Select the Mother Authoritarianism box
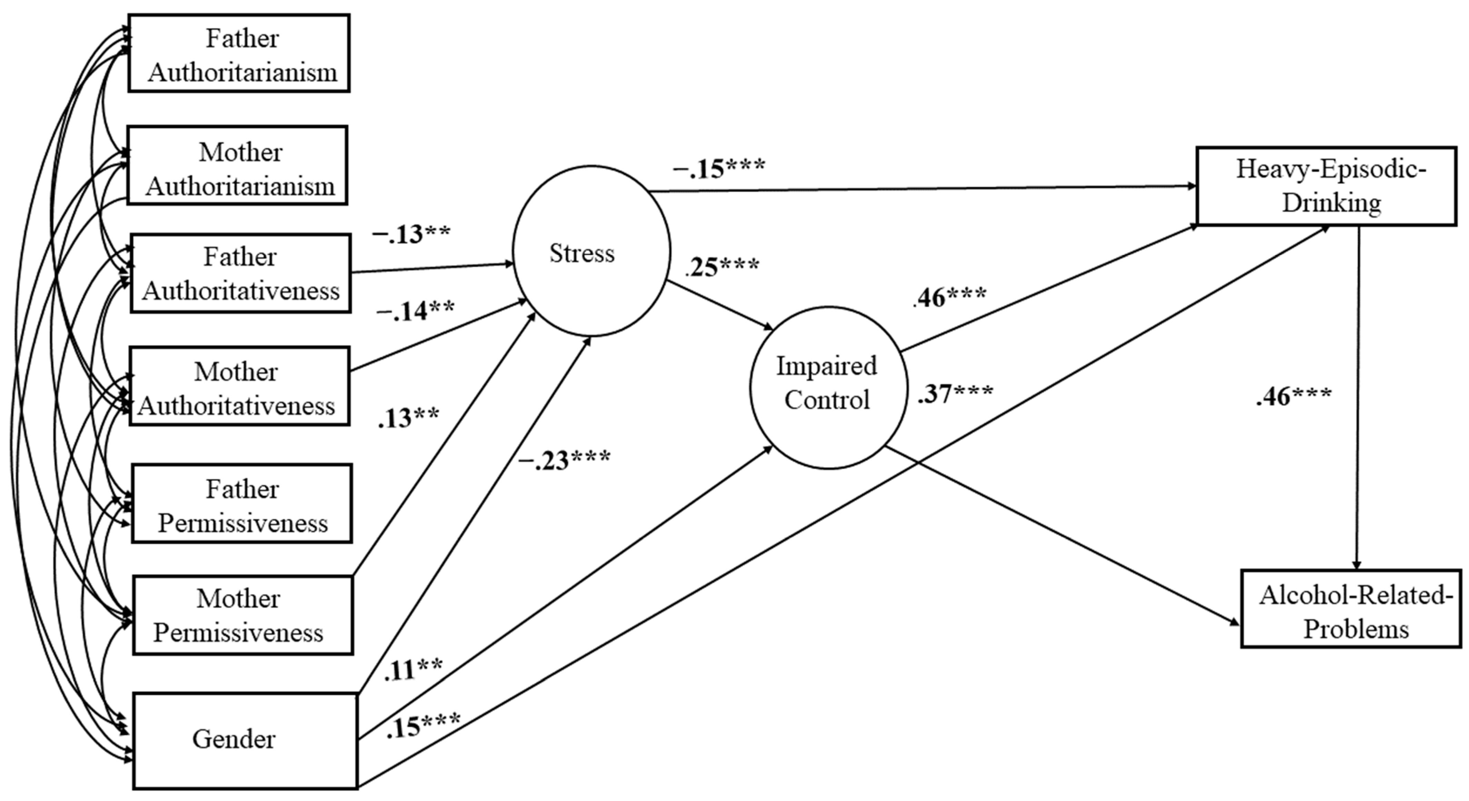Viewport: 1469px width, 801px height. (x=237, y=166)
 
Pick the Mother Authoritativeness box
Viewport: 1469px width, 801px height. (x=239, y=386)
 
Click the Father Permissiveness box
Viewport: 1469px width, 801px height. (x=242, y=504)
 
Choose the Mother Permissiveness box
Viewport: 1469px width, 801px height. (x=243, y=615)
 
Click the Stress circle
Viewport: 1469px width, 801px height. (x=592, y=251)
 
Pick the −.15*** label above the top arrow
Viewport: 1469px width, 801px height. (x=718, y=168)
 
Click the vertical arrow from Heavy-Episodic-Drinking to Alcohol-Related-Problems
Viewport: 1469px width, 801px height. (x=1358, y=399)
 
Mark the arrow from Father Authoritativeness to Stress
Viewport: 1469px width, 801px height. (x=432, y=268)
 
